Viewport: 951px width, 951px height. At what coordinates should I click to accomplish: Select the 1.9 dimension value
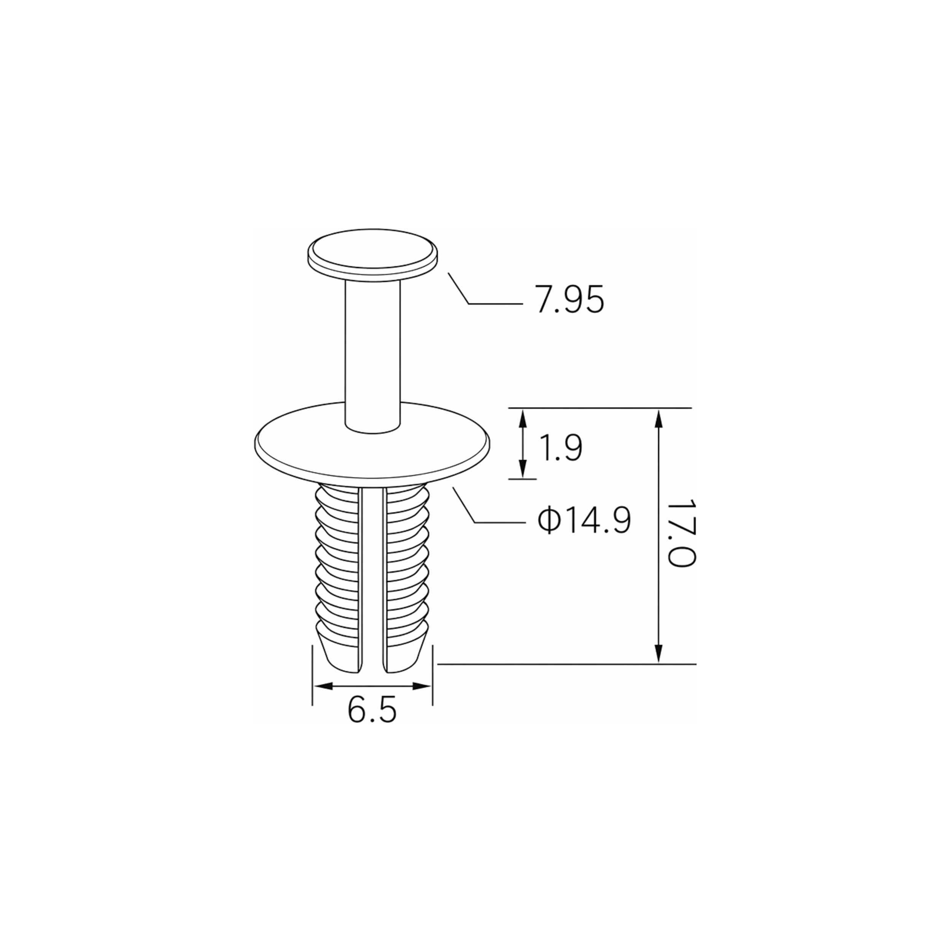coord(561,448)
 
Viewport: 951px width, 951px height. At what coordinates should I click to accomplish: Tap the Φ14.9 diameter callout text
coord(584,521)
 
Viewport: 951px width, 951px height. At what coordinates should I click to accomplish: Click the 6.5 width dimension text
coord(372,710)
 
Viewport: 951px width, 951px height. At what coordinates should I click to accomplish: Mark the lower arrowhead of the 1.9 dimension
coord(523,469)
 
